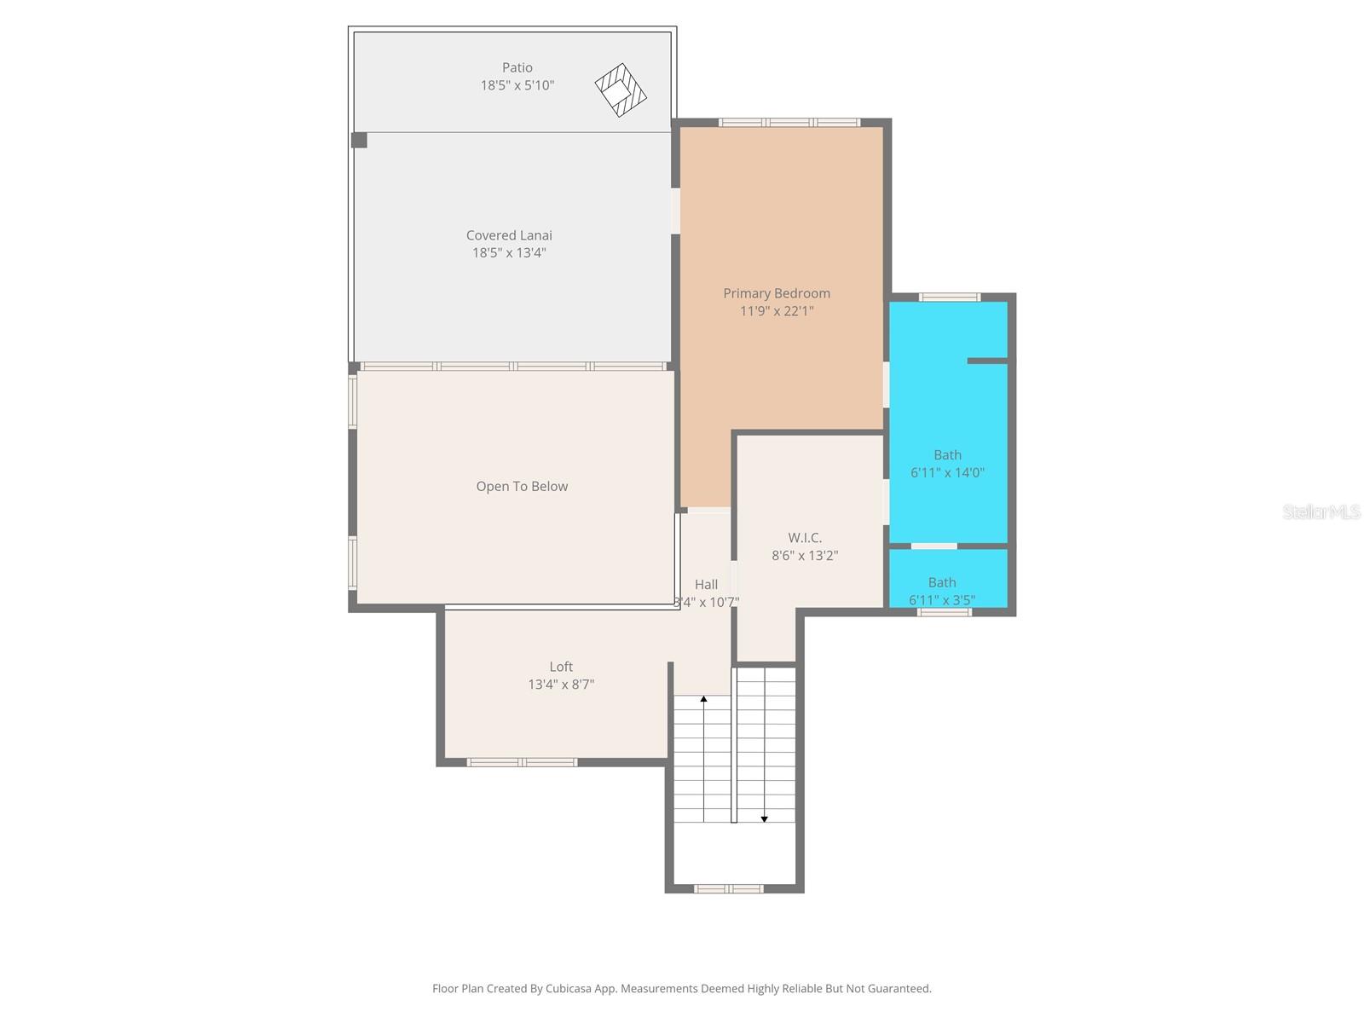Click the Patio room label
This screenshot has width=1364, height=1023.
(x=517, y=67)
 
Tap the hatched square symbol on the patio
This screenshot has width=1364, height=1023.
(x=621, y=90)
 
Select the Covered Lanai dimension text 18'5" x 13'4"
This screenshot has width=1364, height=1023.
(x=509, y=252)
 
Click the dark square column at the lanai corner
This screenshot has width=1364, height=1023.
(x=359, y=140)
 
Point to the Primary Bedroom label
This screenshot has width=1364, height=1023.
(x=777, y=293)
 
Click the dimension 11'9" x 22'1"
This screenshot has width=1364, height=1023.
(x=777, y=311)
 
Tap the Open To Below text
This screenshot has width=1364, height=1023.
(x=522, y=486)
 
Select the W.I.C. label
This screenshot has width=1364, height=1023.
(x=805, y=538)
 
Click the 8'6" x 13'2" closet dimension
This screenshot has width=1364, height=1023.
(x=805, y=556)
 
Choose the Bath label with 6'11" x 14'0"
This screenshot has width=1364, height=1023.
(x=947, y=455)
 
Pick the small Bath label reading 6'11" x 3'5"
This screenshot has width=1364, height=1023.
(x=942, y=583)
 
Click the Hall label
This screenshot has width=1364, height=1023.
(x=706, y=585)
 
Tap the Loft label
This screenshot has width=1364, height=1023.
(x=561, y=667)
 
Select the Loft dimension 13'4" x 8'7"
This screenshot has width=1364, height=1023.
(x=561, y=685)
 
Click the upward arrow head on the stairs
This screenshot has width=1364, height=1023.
(x=703, y=699)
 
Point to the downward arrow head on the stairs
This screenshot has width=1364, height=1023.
(x=765, y=818)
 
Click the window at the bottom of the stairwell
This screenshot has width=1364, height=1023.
(x=728, y=888)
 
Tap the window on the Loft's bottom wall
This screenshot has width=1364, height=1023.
(x=522, y=762)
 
